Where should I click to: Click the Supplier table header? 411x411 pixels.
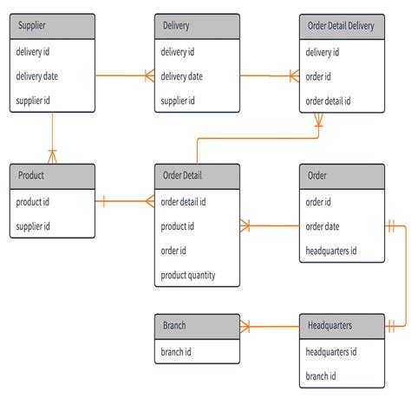[x=52, y=26]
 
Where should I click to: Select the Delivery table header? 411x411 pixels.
[x=197, y=26]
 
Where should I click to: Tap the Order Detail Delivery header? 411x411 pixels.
[x=341, y=26]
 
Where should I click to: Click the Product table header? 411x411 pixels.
[x=52, y=176]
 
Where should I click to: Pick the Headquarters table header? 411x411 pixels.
[x=341, y=326]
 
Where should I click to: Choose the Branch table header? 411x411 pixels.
[x=197, y=326]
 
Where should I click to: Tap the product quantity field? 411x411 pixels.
[x=188, y=277]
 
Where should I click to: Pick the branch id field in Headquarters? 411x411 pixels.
[x=321, y=376]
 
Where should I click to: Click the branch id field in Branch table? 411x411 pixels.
[x=178, y=352]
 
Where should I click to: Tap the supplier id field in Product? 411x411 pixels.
[x=33, y=226]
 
